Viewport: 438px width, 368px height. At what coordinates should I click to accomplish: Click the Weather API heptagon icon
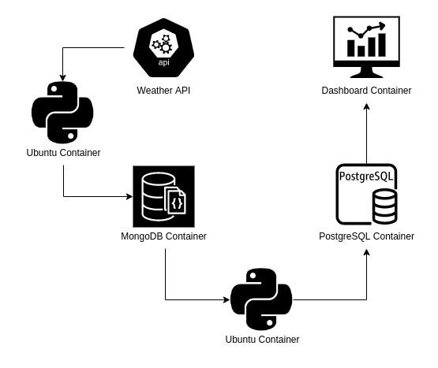[x=163, y=47]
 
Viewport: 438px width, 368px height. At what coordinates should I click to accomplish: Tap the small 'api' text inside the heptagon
[x=163, y=62]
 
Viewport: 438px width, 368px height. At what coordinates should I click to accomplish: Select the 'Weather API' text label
[x=163, y=91]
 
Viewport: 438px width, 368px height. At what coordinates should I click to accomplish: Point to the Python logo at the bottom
[x=261, y=299]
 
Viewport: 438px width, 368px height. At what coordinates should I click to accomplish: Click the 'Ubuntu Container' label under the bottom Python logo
[x=262, y=340]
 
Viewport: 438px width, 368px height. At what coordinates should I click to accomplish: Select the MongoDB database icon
[x=163, y=196]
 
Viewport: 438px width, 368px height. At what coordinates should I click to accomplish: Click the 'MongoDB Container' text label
[x=163, y=236]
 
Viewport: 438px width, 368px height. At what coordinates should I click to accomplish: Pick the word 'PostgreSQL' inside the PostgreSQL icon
[x=366, y=177]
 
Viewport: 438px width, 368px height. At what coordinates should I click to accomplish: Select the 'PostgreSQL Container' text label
[x=366, y=236]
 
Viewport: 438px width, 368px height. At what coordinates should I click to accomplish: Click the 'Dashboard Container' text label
[x=366, y=91]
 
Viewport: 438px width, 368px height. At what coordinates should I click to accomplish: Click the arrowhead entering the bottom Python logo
[x=226, y=299]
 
